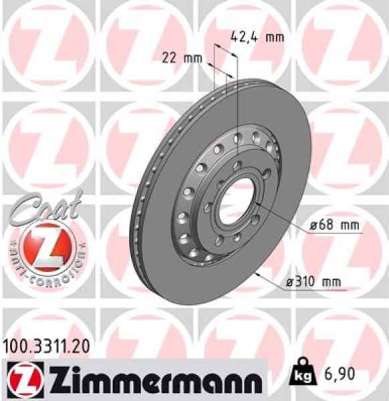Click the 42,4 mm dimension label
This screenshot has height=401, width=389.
tap(257, 37)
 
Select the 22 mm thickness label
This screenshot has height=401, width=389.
tap(181, 57)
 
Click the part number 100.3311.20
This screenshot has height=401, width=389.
tap(45, 346)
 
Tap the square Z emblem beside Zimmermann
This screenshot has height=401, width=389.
tap(21, 379)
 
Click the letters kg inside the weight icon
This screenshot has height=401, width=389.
tap(301, 380)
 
